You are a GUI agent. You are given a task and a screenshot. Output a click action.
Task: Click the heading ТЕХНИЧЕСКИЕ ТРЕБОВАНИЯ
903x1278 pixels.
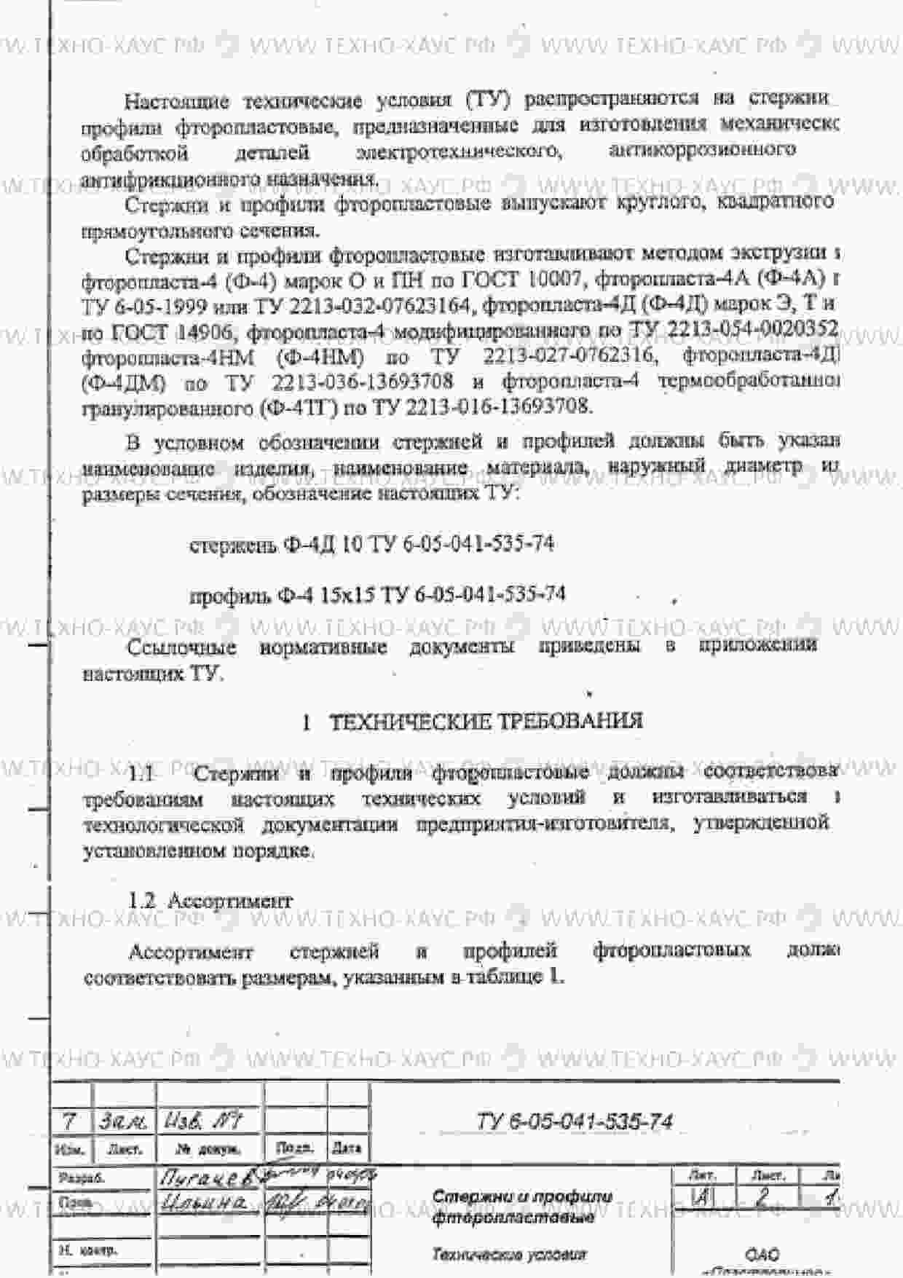[486, 721]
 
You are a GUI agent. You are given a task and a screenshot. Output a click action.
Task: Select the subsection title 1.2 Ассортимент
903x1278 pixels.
[210, 901]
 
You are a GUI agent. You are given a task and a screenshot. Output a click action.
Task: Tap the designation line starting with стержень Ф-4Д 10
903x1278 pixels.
[371, 544]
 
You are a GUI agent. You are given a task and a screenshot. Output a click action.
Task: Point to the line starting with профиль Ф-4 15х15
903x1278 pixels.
[377, 595]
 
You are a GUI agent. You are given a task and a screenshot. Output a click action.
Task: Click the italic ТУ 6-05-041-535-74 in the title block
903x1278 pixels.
[575, 1121]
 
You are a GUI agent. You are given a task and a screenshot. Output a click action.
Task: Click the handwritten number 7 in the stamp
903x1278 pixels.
[70, 1121]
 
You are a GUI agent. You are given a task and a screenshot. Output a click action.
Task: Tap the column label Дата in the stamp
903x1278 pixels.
[347, 1148]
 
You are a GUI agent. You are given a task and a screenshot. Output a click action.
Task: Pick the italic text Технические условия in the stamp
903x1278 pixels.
[509, 1254]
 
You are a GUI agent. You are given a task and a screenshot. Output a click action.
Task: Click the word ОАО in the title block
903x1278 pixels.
[762, 1254]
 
